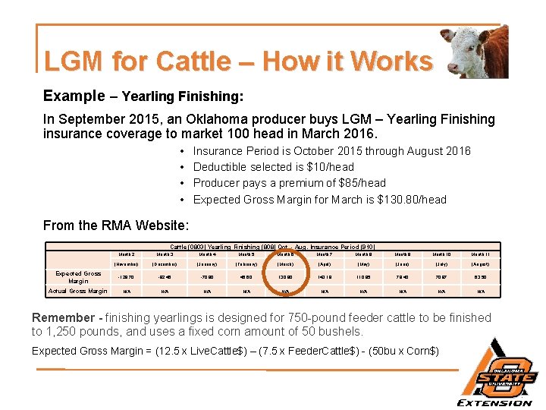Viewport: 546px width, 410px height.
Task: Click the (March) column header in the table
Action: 284,263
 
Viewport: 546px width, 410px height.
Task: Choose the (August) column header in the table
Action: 482,263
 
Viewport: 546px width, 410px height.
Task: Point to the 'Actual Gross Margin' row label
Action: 78,291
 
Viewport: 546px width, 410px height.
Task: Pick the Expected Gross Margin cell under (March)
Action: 284,277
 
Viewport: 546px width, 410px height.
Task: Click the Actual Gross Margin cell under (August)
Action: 482,291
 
